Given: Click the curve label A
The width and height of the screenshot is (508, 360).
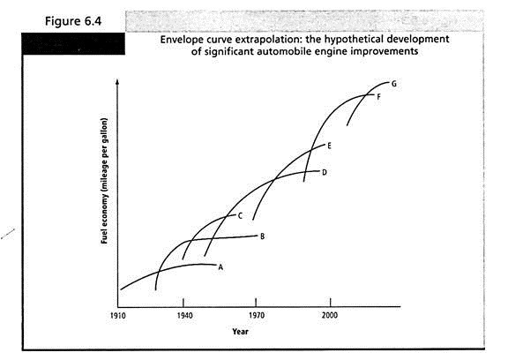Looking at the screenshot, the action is pos(220,267).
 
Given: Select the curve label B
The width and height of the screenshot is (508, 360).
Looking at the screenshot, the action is pos(262,236).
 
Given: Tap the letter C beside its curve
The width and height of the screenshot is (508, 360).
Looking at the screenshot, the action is pos(240,216).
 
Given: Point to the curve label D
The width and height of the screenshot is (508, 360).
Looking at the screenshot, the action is pos(325,172).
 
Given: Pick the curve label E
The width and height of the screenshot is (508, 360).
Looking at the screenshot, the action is pos(329,146).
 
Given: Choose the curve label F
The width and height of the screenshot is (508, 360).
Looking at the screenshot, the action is pos(378,96).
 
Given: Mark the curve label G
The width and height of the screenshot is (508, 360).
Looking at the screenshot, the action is pos(394,84).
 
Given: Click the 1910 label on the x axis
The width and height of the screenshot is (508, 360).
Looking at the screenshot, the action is pos(117,315).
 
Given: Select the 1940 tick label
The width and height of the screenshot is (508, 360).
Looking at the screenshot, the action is pos(184,315).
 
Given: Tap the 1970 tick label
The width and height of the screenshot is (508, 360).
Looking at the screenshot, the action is pos(257,315).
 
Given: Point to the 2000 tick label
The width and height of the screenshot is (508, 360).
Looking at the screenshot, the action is pos(330,315).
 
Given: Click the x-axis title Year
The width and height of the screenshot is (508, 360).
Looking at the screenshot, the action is pos(240,332).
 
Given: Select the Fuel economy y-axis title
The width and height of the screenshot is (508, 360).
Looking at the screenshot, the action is pos(104,181).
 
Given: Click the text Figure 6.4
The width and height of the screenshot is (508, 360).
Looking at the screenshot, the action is pos(73,21).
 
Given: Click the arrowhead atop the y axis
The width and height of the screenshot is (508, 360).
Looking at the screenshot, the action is pos(117,81).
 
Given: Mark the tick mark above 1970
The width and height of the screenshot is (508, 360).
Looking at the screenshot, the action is pos(256,303).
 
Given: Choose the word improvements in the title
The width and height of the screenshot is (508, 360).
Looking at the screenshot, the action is pos(385,51).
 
